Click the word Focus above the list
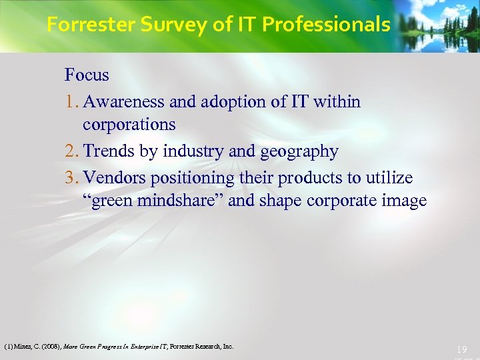[87, 75]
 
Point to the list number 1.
[71, 102]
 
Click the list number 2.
[71, 151]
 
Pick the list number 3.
[71, 178]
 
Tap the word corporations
[129, 125]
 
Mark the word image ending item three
[403, 201]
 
